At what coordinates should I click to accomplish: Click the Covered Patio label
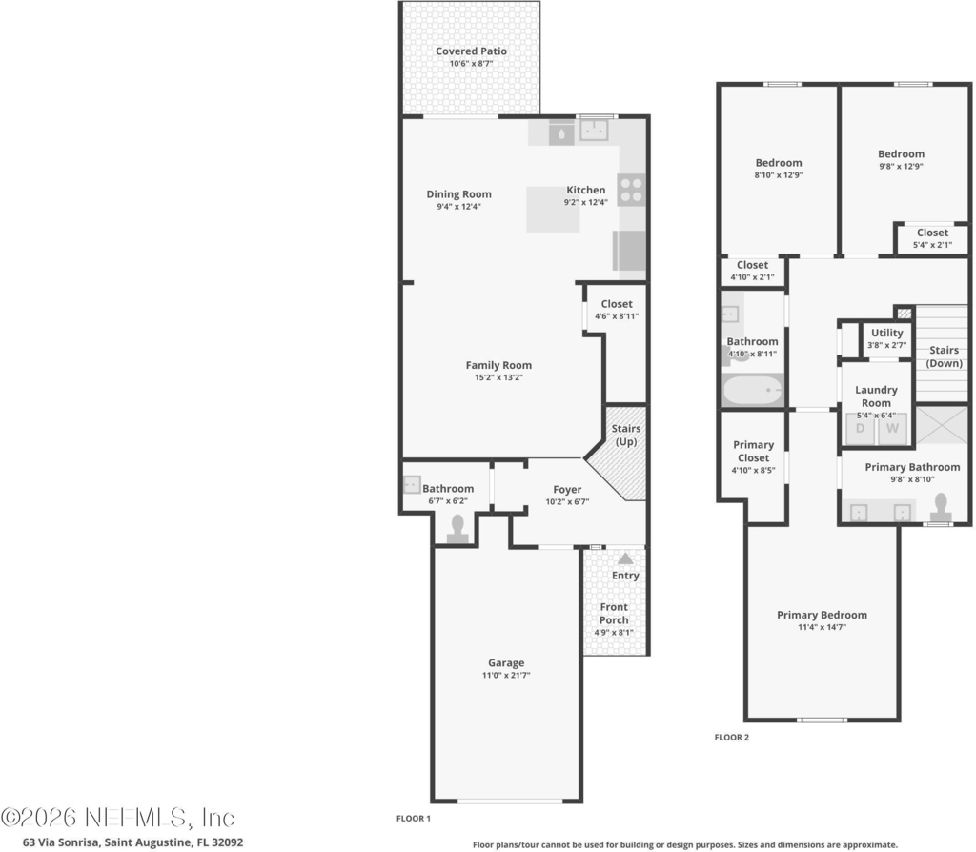coord(471,51)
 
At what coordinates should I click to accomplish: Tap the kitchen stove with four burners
coord(631,190)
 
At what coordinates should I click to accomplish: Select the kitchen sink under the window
coord(594,131)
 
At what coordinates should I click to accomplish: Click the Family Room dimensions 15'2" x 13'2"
coord(498,377)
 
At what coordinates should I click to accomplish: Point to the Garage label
coord(506,662)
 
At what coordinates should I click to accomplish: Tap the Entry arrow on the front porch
coord(625,558)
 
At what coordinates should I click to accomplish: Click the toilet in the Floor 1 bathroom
coord(457,530)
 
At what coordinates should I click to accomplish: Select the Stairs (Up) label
coord(625,435)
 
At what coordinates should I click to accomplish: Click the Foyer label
coord(567,490)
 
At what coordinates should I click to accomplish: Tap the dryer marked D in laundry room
coord(861,429)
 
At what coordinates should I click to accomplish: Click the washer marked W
coord(892,429)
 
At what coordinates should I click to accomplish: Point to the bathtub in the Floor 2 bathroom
coord(753,390)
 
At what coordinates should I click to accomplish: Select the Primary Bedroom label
coord(822,615)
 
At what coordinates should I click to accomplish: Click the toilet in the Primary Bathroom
coord(941,507)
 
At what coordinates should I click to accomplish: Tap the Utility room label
coord(887,333)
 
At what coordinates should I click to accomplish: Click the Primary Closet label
coord(753,451)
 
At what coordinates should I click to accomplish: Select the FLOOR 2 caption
coord(732,738)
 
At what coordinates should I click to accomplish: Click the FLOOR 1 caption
coord(414,819)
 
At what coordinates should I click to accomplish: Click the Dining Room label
coord(458,194)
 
